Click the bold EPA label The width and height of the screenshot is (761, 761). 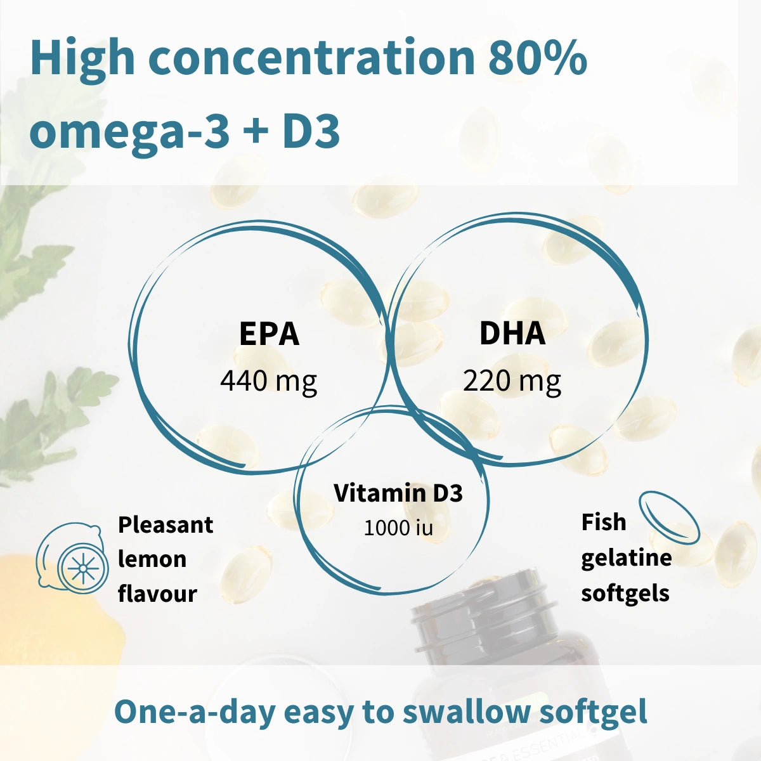(269, 334)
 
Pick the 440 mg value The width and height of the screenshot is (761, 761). (269, 381)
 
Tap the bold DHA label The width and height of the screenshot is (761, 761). (512, 334)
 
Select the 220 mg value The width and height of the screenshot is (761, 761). (512, 381)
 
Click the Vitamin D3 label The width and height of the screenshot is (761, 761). (398, 493)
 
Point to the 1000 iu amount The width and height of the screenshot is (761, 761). (398, 528)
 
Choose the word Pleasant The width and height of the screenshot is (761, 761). (166, 525)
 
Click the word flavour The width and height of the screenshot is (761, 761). (157, 594)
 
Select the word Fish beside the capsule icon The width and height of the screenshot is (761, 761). (604, 523)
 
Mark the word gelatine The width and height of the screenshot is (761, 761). (626, 558)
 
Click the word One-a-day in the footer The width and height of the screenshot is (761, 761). (194, 712)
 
